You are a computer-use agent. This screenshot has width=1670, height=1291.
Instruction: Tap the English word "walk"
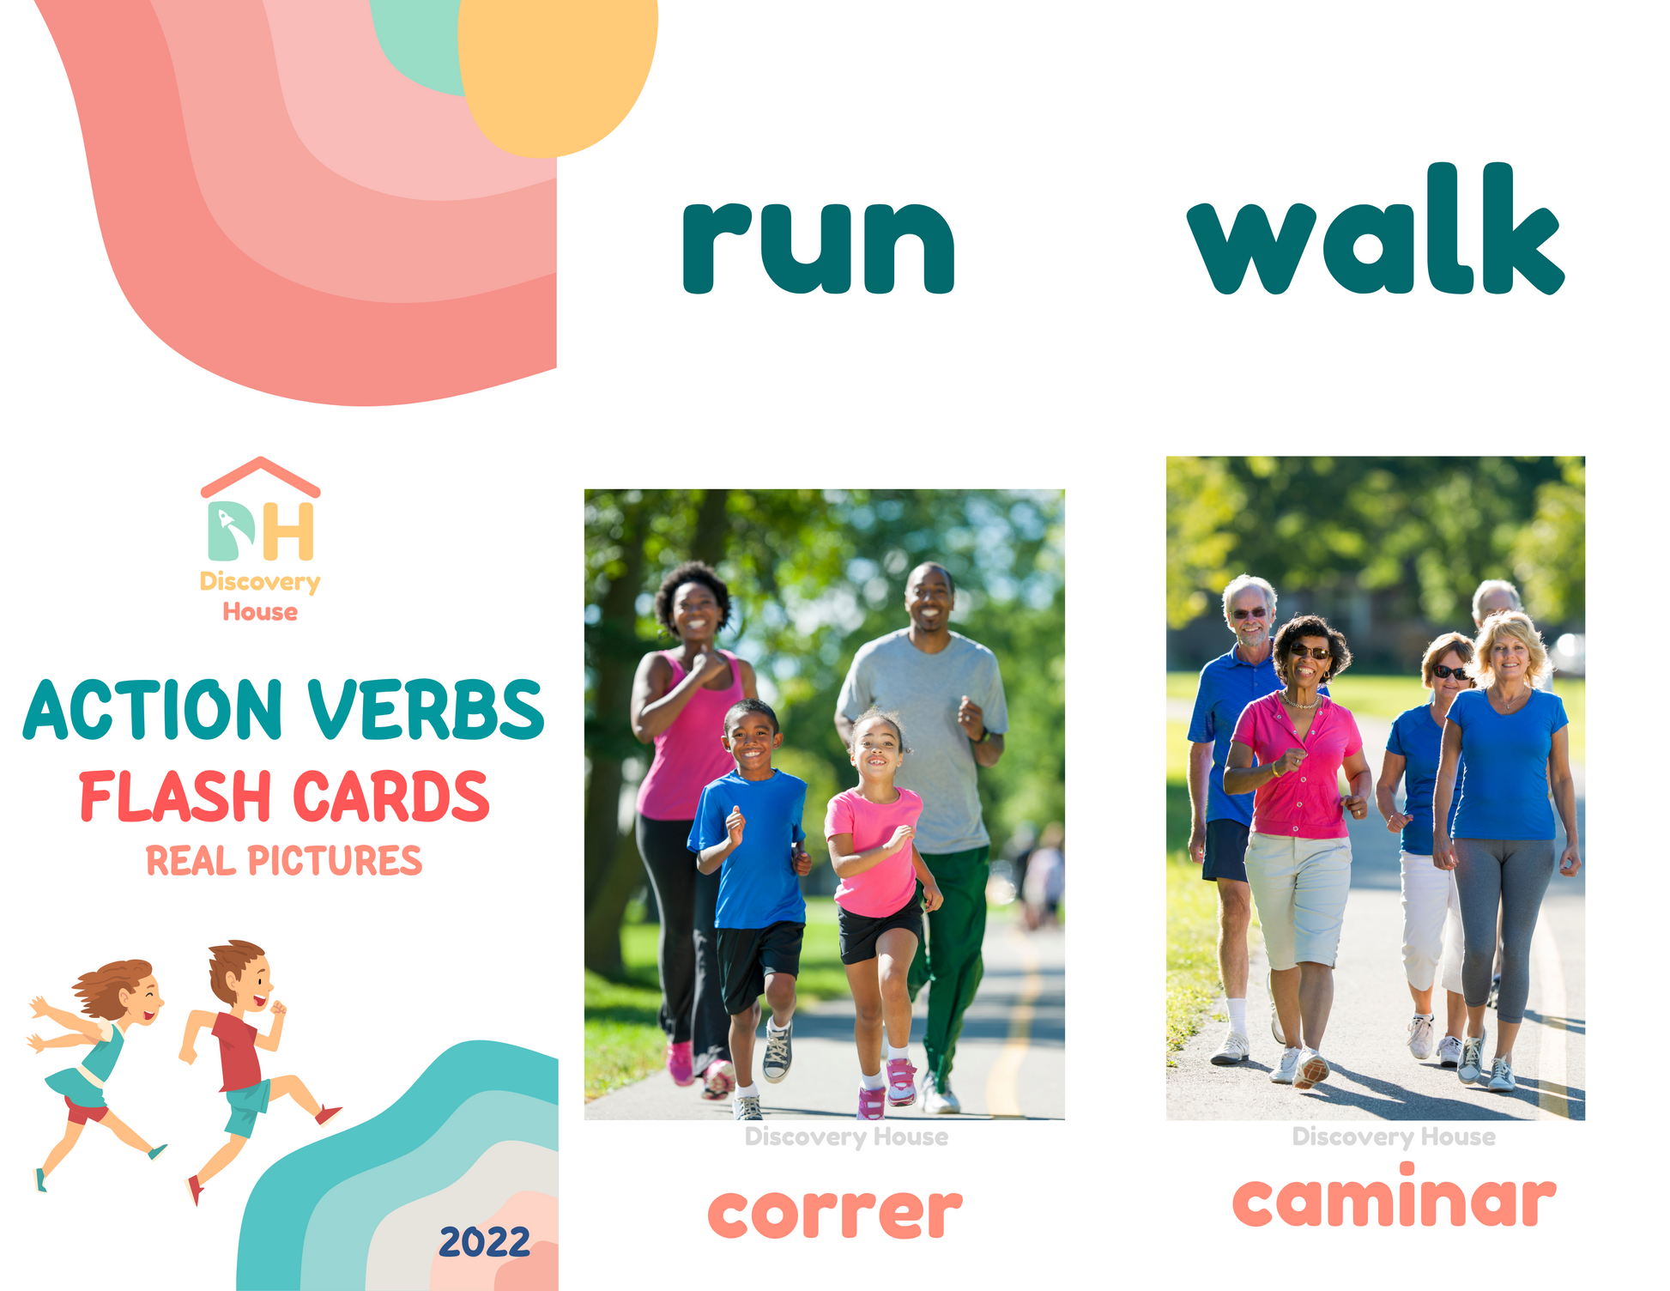tap(1376, 228)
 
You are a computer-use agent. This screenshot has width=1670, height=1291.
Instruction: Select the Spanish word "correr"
tap(835, 1212)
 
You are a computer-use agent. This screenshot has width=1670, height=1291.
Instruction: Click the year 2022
tap(485, 1242)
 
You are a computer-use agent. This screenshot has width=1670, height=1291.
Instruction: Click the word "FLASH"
tap(175, 797)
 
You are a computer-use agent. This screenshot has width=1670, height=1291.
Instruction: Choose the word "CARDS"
tap(391, 797)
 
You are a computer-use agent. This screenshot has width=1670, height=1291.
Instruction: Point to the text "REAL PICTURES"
tap(284, 861)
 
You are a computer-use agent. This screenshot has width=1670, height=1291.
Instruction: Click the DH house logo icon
tap(261, 509)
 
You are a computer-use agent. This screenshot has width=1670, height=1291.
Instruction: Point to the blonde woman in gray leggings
tap(1506, 841)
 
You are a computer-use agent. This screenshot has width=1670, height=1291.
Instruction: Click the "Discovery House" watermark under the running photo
tap(846, 1136)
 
